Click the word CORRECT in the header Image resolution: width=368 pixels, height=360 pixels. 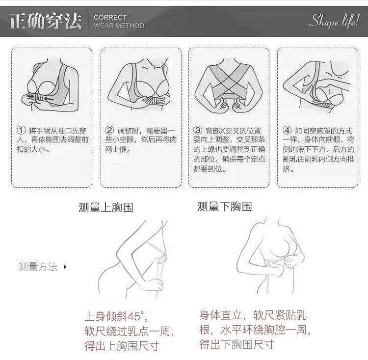[110, 17]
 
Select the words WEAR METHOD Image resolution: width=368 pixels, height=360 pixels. [119, 26]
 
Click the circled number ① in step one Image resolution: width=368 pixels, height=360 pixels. [21, 131]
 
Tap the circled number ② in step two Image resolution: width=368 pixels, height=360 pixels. [110, 131]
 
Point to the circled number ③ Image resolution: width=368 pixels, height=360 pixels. [198, 131]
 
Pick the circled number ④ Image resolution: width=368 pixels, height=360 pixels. [288, 131]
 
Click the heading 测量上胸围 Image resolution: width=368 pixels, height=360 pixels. [105, 207]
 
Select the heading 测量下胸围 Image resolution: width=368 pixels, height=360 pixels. [224, 207]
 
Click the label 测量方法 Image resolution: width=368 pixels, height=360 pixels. [38, 267]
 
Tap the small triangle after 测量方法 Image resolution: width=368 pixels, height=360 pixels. [65, 267]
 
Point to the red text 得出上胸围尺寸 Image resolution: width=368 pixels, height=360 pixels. [122, 346]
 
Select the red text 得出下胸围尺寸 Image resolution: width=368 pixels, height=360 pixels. [236, 343]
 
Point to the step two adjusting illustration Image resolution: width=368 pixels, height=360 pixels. [140, 86]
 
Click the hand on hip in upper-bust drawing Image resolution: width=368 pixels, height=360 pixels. [156, 284]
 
